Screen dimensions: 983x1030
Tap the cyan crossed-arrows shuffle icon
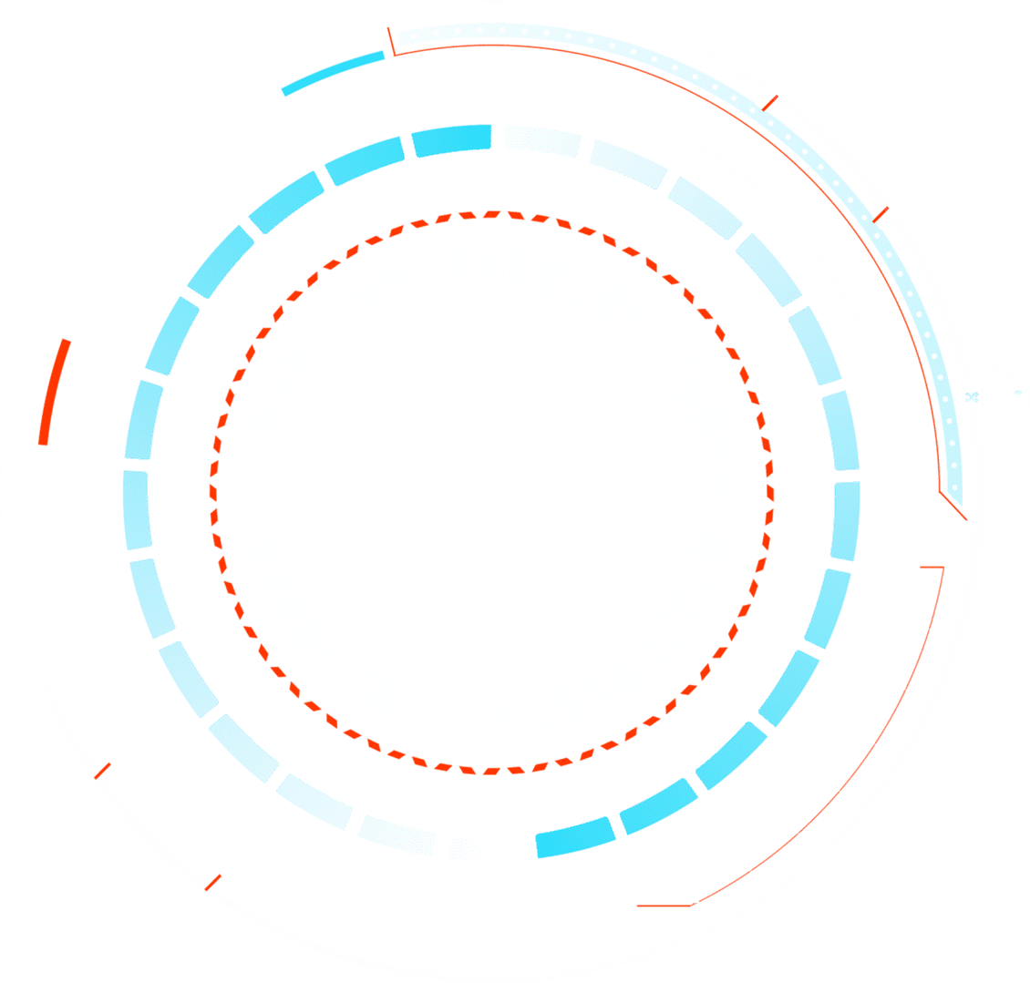pyautogui.click(x=972, y=397)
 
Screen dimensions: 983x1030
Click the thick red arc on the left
pyautogui.click(x=54, y=392)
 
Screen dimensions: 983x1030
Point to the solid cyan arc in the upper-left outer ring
pyautogui.click(x=334, y=72)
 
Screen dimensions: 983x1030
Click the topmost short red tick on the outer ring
pyautogui.click(x=770, y=99)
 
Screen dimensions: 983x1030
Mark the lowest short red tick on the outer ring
pyautogui.click(x=215, y=882)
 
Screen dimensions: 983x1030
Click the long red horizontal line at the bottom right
pyautogui.click(x=666, y=903)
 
